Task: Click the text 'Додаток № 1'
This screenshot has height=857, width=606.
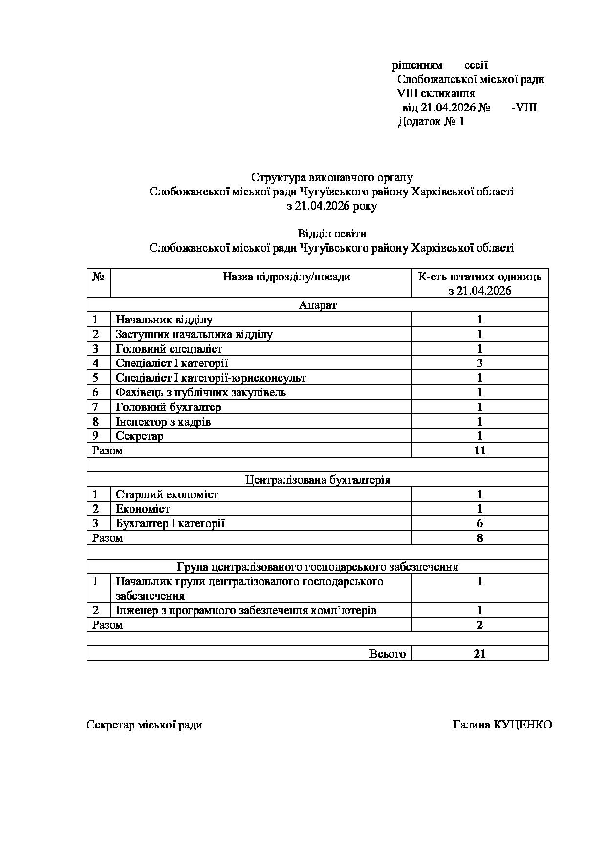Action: point(431,122)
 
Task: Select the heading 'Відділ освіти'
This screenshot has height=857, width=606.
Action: point(332,234)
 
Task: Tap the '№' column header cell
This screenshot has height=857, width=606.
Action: point(98,277)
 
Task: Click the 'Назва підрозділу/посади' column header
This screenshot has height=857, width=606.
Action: point(286,277)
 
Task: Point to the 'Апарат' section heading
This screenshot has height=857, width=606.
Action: point(318,305)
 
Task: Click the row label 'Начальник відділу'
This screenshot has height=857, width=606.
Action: point(164,320)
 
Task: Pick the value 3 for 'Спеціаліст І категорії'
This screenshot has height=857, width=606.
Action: point(480,363)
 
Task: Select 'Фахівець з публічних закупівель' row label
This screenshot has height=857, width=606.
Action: point(201,392)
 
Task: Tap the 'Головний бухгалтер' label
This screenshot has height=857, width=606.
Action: point(169,407)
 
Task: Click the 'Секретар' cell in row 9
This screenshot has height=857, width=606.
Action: point(140,436)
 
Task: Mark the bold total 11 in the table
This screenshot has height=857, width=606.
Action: point(480,450)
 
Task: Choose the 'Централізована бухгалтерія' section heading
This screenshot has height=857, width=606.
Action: point(318,480)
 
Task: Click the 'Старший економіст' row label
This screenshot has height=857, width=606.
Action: point(167,494)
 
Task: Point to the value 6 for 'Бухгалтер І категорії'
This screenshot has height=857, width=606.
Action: point(480,524)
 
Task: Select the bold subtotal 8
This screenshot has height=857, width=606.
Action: point(480,538)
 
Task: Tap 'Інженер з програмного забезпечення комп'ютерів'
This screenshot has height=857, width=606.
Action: point(246,611)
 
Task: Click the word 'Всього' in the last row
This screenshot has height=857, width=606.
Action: point(388,654)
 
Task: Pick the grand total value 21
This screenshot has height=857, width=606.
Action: point(480,654)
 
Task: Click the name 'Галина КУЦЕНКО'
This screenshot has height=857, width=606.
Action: point(502,725)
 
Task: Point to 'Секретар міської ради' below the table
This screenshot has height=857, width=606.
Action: point(145,725)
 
